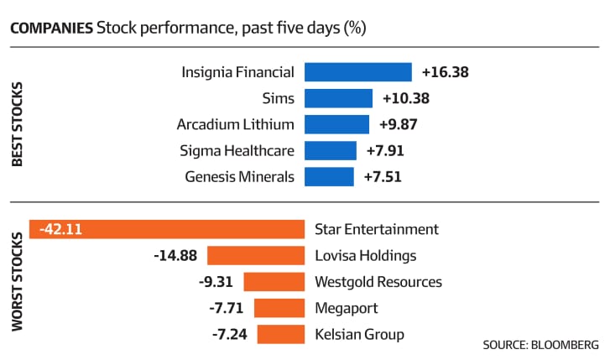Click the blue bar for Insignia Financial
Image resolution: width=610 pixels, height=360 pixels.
[358, 72]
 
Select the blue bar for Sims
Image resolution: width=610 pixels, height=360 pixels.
[338, 98]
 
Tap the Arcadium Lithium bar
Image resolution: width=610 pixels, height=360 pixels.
[337, 124]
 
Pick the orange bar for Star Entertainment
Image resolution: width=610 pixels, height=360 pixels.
[167, 229]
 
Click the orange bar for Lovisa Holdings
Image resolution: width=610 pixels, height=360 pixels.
[256, 255]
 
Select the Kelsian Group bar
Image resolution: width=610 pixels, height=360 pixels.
[281, 334]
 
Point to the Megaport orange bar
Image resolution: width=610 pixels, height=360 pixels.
[279, 308]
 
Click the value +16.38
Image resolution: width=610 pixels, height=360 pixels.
[446, 72]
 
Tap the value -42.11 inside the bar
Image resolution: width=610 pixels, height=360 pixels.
[61, 229]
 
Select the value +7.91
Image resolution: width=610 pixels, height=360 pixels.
[385, 150]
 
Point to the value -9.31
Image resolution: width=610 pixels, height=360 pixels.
[216, 282]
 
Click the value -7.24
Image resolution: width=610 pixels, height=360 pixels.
[230, 334]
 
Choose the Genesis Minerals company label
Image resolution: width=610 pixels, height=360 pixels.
[240, 177]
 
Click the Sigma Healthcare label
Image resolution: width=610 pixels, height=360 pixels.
[237, 151]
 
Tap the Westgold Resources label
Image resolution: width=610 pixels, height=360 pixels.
[378, 282]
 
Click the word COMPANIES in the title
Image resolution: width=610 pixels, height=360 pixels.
[52, 29]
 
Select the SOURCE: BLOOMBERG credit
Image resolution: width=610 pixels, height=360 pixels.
[540, 345]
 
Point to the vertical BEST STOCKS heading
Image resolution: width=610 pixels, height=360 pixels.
[18, 124]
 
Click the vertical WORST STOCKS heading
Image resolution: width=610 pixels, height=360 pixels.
[18, 282]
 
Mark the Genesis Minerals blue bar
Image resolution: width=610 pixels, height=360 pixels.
[329, 177]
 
